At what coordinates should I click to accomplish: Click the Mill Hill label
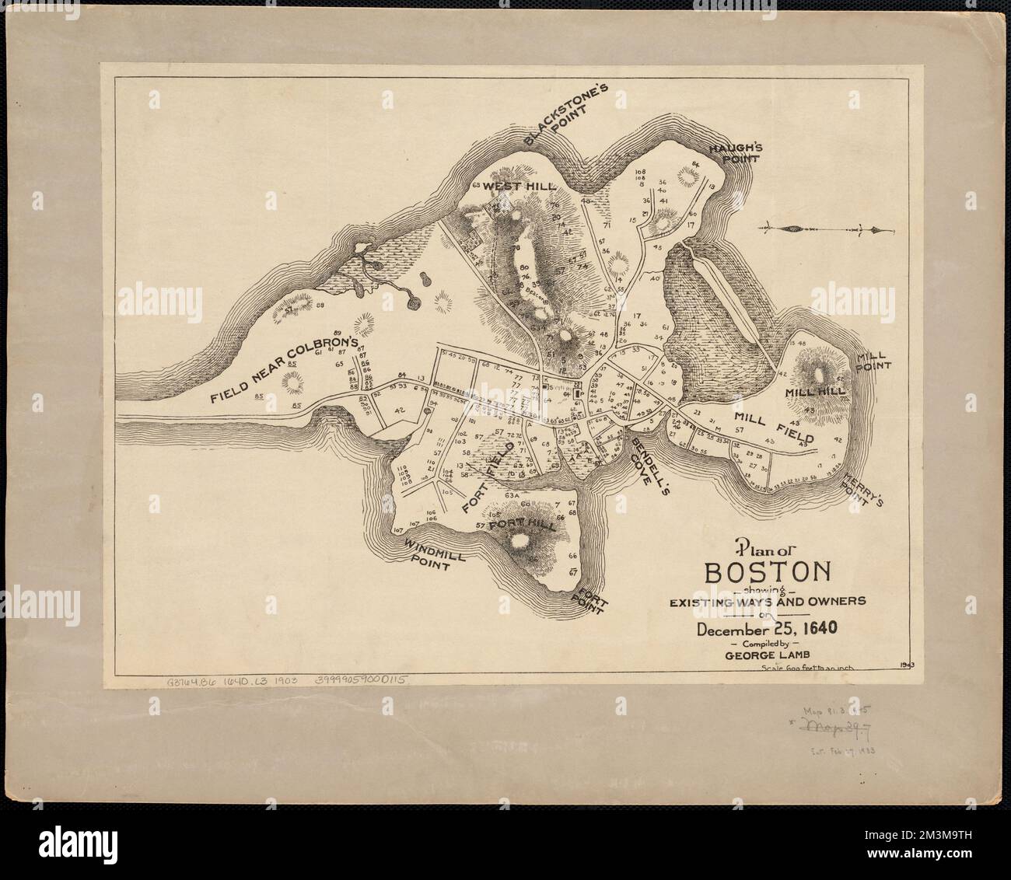click(x=813, y=393)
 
